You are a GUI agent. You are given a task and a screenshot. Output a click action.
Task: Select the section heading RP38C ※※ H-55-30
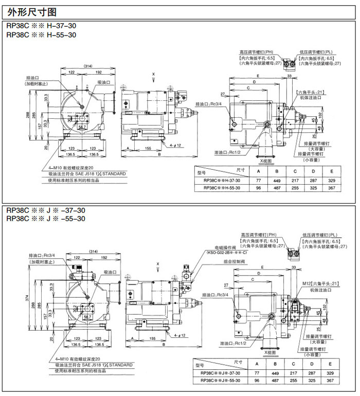pyautogui.click(x=41, y=35)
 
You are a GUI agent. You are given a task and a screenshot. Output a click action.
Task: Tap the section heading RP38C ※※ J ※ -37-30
pyautogui.click(x=45, y=210)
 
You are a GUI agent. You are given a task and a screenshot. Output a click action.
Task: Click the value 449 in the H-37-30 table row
pyautogui.click(x=277, y=181)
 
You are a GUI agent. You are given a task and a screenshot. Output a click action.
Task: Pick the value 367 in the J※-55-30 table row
pyautogui.click(x=330, y=381)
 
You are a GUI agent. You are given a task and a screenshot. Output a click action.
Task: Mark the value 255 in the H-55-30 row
pyautogui.click(x=295, y=188)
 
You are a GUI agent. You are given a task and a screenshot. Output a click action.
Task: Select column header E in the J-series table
pyautogui.click(x=331, y=364)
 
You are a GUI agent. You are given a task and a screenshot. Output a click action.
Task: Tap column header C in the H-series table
pyautogui.click(x=295, y=171)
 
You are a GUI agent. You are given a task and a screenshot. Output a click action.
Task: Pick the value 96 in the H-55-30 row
pyautogui.click(x=258, y=188)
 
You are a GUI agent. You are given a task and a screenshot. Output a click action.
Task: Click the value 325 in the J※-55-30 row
pyautogui.click(x=312, y=381)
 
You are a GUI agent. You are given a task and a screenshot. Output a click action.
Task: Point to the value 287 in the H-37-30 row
pyautogui.click(x=312, y=181)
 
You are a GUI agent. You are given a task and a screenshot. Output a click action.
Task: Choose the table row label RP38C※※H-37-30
pyautogui.click(x=222, y=181)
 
